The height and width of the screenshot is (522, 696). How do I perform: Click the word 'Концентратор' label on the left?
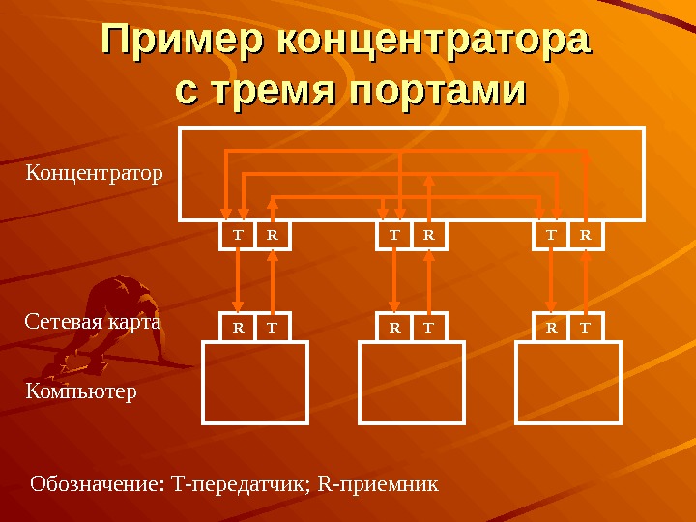click(x=94, y=174)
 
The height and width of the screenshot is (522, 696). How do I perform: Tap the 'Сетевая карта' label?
click(x=92, y=321)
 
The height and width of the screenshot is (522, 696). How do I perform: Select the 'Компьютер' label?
click(x=81, y=391)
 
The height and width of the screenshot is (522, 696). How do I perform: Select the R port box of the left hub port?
click(x=273, y=234)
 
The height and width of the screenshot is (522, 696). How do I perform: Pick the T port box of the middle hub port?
click(x=394, y=234)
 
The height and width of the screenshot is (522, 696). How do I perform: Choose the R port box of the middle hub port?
click(x=430, y=234)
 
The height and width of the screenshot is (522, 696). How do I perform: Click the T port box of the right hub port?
click(x=552, y=234)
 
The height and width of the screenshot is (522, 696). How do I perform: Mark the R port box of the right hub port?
click(x=587, y=234)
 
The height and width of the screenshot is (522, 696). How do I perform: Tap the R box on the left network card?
click(x=237, y=328)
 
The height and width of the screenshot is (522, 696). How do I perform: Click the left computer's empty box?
click(x=255, y=383)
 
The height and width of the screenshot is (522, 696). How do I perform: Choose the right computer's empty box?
click(x=569, y=383)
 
